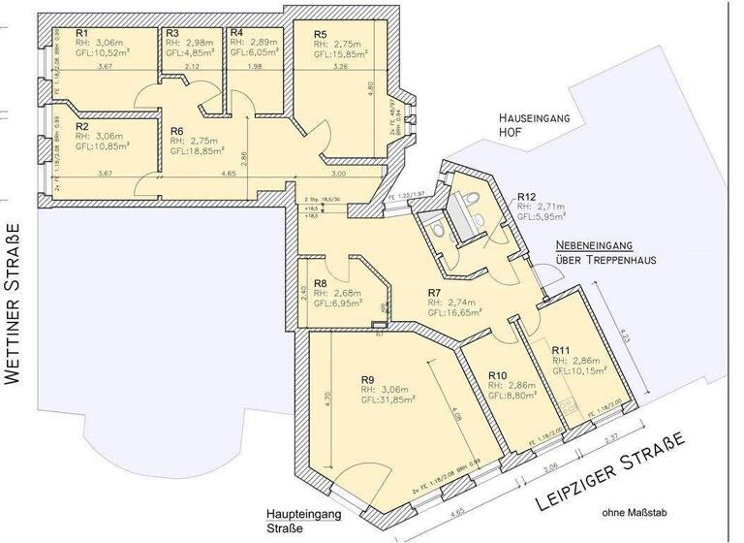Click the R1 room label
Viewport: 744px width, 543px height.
coord(82,32)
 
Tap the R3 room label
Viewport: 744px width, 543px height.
coord(172,32)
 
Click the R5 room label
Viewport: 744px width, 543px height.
coord(321,34)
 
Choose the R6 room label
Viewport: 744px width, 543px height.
coord(177,130)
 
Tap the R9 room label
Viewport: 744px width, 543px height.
coord(368,379)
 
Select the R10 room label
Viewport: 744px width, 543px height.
coord(498,375)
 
